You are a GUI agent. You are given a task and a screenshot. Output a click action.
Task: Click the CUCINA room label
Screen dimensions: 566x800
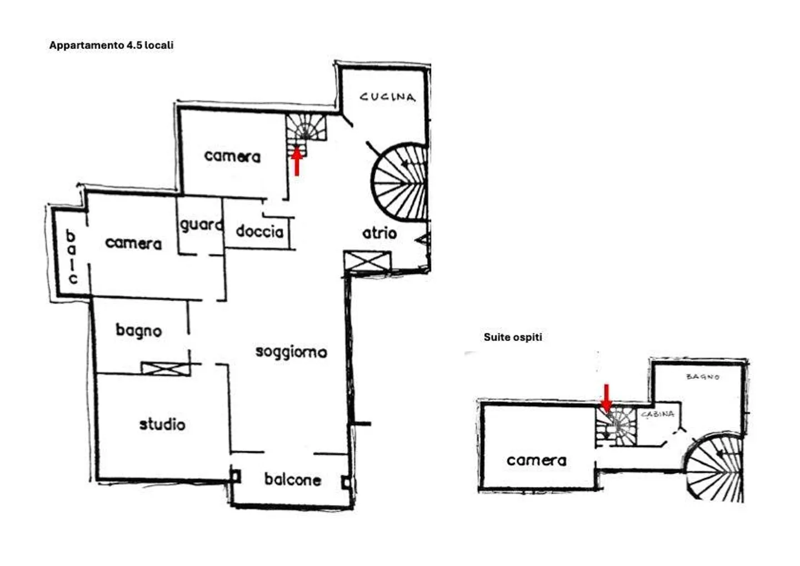click(387, 97)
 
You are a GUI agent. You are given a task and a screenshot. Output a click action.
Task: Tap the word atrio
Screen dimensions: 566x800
click(379, 233)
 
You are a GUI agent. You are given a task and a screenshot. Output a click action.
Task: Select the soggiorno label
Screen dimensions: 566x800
click(291, 352)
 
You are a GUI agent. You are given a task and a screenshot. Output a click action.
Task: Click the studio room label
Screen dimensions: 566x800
click(162, 424)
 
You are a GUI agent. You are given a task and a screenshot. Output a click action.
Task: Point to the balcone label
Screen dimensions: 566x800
click(292, 479)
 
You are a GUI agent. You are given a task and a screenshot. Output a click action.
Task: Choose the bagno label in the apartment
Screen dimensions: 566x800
click(138, 330)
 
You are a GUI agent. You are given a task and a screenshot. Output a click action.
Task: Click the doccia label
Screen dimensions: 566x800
click(259, 231)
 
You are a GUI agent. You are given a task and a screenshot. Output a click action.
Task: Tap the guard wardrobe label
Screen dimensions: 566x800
click(201, 225)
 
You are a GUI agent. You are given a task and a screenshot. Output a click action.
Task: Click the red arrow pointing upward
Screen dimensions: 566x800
click(297, 161)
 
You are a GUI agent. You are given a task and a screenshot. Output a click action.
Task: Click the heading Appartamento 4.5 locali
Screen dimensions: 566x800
click(111, 46)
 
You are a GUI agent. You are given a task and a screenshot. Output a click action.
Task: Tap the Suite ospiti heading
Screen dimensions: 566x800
click(513, 337)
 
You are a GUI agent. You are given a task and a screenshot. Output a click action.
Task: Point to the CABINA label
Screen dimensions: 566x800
click(657, 414)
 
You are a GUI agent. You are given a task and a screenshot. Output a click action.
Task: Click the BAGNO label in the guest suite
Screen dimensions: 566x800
click(703, 377)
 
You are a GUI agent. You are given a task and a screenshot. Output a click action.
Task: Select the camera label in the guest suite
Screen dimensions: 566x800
click(536, 460)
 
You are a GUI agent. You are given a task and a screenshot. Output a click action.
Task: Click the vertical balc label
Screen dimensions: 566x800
click(71, 257)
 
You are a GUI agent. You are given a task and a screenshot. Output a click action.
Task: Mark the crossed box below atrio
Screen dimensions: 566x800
click(367, 261)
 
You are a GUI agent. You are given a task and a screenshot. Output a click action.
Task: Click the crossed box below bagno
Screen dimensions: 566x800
click(165, 368)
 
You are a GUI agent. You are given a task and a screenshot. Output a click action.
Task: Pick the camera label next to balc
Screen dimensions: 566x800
click(133, 243)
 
